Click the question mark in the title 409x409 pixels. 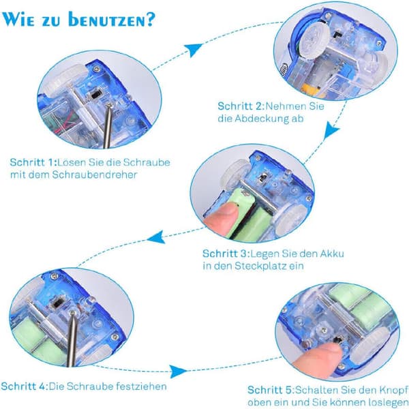coord(151,20)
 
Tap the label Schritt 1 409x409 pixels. coord(33,162)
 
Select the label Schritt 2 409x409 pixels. coord(241,106)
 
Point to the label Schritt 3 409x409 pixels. coord(226,254)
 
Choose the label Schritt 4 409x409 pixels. coord(25,387)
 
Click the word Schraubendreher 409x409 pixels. coord(95,175)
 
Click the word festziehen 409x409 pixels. coord(141,387)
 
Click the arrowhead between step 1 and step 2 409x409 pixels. coord(193,49)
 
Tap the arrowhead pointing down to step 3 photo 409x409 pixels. coord(331,130)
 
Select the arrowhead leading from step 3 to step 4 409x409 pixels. coord(157,237)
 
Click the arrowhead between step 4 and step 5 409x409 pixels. coord(178,371)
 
